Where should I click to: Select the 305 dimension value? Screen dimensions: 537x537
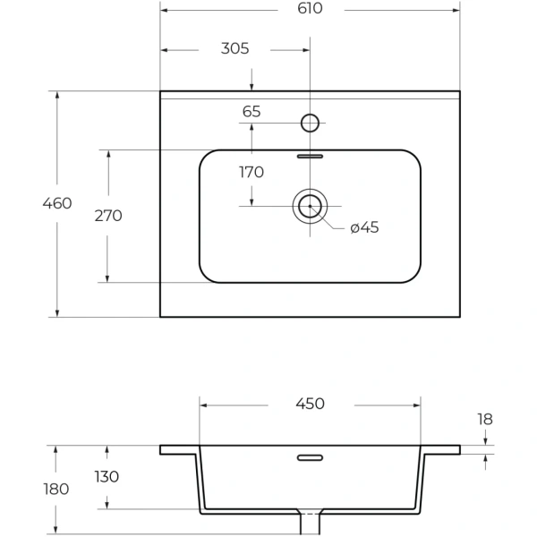pos(234,48)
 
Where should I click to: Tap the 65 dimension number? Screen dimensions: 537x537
pos(251,112)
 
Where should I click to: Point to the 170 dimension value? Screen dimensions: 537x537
pos(251,172)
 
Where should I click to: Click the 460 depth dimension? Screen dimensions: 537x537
pos(57,203)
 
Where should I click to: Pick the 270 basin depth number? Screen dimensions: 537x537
pos(108,216)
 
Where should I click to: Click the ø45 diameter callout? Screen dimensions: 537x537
pos(364,227)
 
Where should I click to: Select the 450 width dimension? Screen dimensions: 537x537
pos(310,404)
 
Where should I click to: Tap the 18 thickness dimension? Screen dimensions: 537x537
pos(484,418)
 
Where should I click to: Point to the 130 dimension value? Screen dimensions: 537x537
pos(107,477)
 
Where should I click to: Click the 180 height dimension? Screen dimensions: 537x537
pos(55,489)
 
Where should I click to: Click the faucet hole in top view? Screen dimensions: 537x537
pos(310,122)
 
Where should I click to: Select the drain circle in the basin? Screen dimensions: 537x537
pos(310,206)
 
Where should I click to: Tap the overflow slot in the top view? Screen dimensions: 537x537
pos(310,156)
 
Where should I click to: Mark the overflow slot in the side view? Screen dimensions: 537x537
pos(310,457)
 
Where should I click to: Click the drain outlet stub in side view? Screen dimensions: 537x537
pos(310,524)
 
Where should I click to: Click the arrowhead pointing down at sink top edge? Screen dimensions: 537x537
pos(251,86)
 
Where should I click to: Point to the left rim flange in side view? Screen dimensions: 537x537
pos(179,449)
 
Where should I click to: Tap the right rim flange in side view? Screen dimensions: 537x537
pos(440,449)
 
